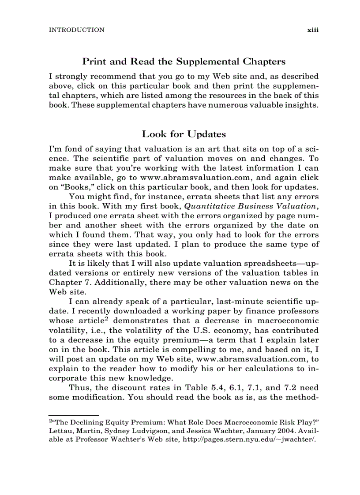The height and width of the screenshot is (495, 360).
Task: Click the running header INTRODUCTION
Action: pyautogui.click(x=76, y=30)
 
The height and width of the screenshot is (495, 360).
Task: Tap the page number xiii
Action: pyautogui.click(x=313, y=30)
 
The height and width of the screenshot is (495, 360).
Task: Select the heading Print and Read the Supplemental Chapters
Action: pyautogui.click(x=184, y=61)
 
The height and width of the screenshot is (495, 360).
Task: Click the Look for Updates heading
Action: pyautogui.click(x=184, y=134)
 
